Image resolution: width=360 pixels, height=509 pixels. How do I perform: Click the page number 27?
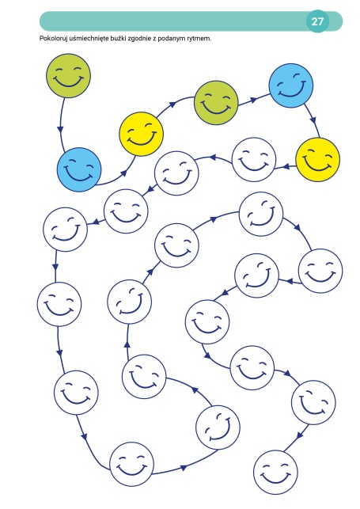(x=317, y=21)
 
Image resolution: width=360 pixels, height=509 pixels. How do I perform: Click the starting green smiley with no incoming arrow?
(x=68, y=76)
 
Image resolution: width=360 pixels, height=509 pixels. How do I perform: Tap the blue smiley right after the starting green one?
(x=79, y=169)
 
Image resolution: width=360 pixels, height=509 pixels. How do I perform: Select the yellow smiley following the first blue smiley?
(x=141, y=134)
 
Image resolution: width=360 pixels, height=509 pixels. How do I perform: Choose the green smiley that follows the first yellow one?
(x=216, y=103)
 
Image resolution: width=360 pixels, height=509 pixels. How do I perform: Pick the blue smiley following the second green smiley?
(x=291, y=85)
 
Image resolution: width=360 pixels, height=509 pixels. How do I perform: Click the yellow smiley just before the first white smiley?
(x=318, y=159)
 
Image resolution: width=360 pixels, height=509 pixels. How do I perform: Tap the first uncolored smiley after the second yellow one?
(x=254, y=159)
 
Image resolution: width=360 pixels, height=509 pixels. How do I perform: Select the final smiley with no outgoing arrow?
(x=275, y=473)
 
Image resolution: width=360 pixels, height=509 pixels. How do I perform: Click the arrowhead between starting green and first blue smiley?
(x=61, y=129)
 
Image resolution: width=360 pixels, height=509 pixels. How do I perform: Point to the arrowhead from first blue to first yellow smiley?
(x=123, y=173)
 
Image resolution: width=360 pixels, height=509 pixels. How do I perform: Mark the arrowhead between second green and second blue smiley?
(x=254, y=99)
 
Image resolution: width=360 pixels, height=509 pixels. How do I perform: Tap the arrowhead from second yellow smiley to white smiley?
(x=286, y=167)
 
